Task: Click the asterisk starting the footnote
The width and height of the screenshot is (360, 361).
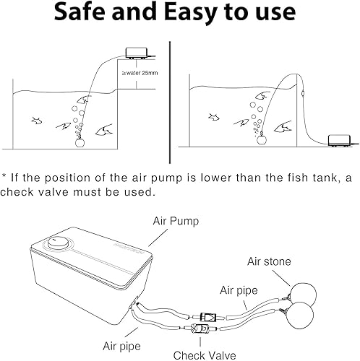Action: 5,178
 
